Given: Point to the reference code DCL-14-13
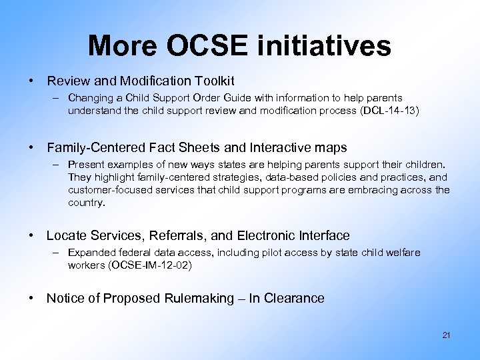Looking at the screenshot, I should pyautogui.click(x=389, y=111).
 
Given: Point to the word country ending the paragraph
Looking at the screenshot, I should pyautogui.click(x=85, y=203).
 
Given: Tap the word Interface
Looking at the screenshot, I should pyautogui.click(x=323, y=235).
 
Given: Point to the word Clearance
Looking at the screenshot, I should pyautogui.click(x=295, y=298).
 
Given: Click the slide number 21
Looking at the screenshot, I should pyautogui.click(x=446, y=335).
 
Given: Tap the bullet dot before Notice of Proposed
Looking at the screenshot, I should pyautogui.click(x=31, y=298).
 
